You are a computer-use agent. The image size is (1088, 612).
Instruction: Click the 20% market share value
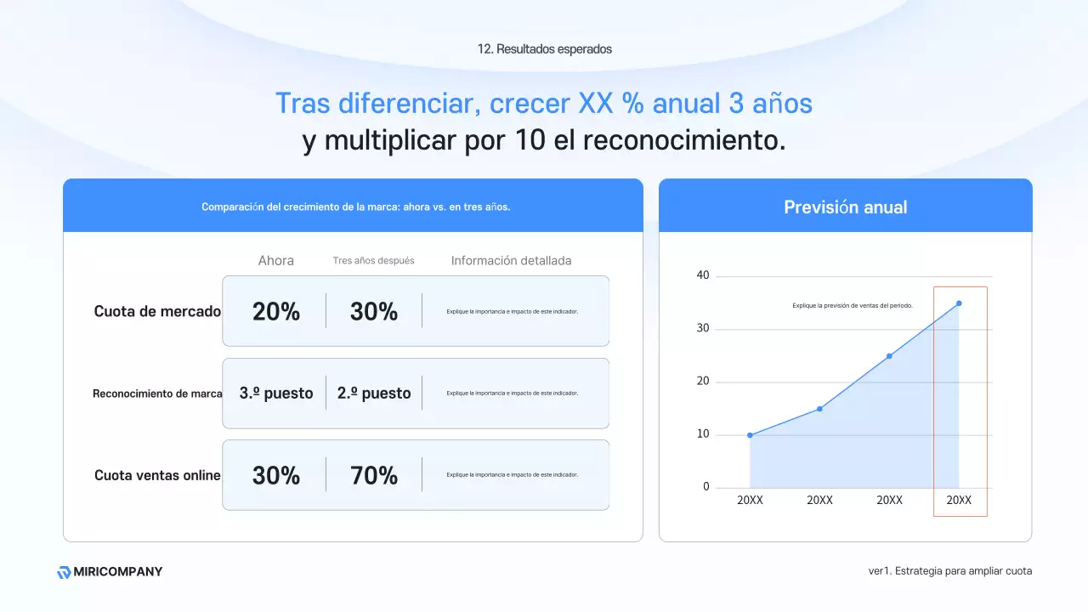pos(276,312)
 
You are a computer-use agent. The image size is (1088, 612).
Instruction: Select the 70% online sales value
pos(374,476)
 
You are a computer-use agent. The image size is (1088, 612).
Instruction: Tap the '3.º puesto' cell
pos(276,394)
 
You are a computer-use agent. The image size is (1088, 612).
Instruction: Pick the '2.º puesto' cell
pos(374,394)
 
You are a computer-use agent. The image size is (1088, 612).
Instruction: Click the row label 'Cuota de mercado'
pos(157,312)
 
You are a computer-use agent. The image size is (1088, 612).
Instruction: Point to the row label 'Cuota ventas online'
pos(157,476)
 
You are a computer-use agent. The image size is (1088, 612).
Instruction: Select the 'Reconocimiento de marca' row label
pos(157,394)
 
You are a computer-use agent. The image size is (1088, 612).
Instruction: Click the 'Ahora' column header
pos(276,261)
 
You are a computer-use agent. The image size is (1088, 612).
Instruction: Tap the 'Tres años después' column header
pos(374,261)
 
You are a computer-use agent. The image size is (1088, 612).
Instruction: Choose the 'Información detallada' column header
pos(511,261)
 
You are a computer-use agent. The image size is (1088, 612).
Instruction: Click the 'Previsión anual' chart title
pos(845,207)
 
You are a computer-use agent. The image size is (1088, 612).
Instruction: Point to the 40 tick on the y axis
pos(702,276)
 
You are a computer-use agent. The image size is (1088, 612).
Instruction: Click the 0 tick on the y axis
pos(705,487)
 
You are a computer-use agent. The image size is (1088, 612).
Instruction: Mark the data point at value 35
pos(959,303)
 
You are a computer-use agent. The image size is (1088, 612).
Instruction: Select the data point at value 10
pos(750,435)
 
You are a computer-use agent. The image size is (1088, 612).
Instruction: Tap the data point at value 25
pos(889,356)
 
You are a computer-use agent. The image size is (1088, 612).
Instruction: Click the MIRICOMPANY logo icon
pos(64,572)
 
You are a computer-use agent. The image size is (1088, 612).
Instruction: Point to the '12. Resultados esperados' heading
pos(544,49)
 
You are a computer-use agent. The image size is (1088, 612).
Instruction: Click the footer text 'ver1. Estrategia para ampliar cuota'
pos(949,571)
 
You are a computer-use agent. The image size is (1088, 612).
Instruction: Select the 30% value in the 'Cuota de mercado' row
pos(374,312)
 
